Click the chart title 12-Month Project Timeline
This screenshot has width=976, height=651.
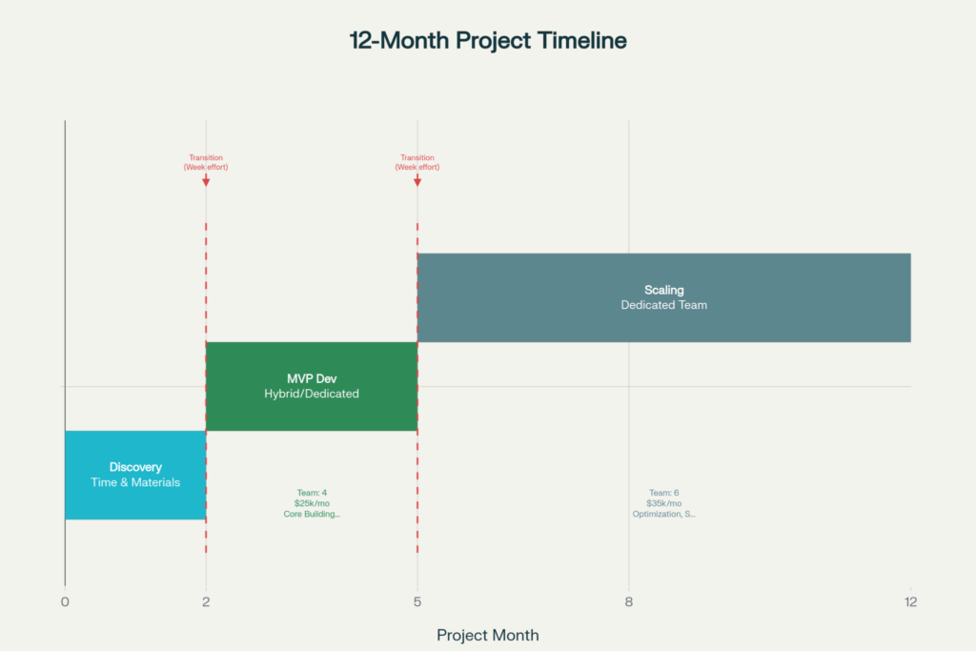tap(488, 40)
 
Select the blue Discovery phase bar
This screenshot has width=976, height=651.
tap(135, 475)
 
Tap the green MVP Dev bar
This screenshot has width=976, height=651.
tap(312, 386)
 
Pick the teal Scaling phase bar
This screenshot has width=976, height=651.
tap(664, 297)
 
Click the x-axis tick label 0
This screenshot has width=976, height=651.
tap(65, 601)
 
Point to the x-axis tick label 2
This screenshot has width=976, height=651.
tap(206, 601)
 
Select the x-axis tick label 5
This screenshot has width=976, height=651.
tap(417, 601)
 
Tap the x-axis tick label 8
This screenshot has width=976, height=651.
tap(629, 601)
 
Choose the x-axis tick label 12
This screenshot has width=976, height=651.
tap(910, 601)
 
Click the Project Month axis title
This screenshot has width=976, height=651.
tap(488, 635)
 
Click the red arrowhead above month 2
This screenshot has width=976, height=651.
tap(206, 182)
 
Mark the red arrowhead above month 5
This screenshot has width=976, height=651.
tap(417, 182)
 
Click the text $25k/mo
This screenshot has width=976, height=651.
tap(312, 503)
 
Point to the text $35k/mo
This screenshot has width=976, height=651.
tap(664, 503)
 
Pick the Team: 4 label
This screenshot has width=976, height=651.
tap(312, 493)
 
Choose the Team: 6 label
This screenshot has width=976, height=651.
tap(664, 493)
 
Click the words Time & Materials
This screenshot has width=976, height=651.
tap(135, 482)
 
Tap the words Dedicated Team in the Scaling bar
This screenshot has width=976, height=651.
tap(664, 305)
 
